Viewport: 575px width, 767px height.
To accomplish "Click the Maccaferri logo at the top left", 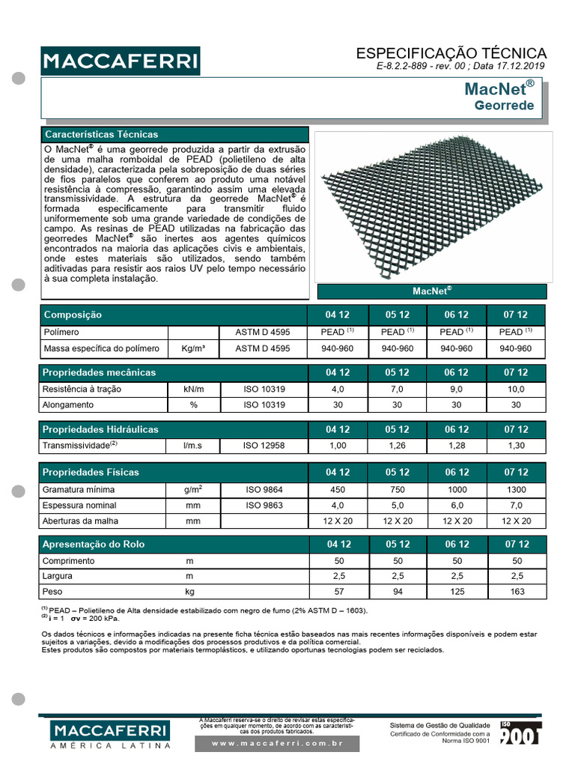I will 120,60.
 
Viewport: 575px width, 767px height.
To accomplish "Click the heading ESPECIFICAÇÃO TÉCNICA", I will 451,53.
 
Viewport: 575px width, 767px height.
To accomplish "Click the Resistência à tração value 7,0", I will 397,389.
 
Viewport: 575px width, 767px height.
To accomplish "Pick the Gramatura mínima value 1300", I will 516,489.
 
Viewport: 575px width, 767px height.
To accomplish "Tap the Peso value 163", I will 516,592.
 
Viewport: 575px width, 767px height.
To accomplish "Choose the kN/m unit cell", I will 193,389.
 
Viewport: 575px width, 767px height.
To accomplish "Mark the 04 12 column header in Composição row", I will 338,315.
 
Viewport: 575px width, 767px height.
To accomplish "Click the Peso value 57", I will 338,592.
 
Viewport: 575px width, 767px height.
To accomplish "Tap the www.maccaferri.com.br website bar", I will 277,743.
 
